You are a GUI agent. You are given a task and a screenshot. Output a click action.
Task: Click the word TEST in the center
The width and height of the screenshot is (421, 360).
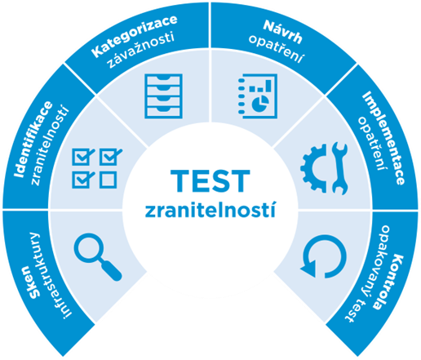coord(210,180)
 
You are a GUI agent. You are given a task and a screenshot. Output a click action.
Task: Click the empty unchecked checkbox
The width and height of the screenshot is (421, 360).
coord(109,180)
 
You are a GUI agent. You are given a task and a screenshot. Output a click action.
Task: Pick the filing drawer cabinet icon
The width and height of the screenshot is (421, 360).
coord(163,96)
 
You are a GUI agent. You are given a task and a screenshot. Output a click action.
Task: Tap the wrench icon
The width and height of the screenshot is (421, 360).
coord(339,168)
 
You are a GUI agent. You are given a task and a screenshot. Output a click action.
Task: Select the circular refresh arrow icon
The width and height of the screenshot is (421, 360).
coord(324,256)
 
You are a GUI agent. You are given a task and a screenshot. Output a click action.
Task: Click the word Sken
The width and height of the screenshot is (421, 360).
coord(30,282)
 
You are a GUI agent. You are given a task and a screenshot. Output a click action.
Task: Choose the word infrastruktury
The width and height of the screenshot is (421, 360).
coord(55,275)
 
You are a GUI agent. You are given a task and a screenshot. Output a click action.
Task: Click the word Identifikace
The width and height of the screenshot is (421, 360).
coord(32,139)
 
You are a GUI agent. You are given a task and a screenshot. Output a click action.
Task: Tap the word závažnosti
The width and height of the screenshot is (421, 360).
coord(141,51)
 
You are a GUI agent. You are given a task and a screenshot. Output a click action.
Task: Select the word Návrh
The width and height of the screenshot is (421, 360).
coord(283,31)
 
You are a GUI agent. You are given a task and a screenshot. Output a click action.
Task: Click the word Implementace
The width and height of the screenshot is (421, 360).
coord(384,138)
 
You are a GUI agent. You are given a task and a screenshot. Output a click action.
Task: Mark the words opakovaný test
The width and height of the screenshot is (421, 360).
coord(367,274)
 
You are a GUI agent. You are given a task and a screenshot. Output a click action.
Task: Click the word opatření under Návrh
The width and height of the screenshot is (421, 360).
coord(276,49)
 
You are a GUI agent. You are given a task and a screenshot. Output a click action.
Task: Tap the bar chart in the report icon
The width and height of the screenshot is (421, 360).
coord(260,86)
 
